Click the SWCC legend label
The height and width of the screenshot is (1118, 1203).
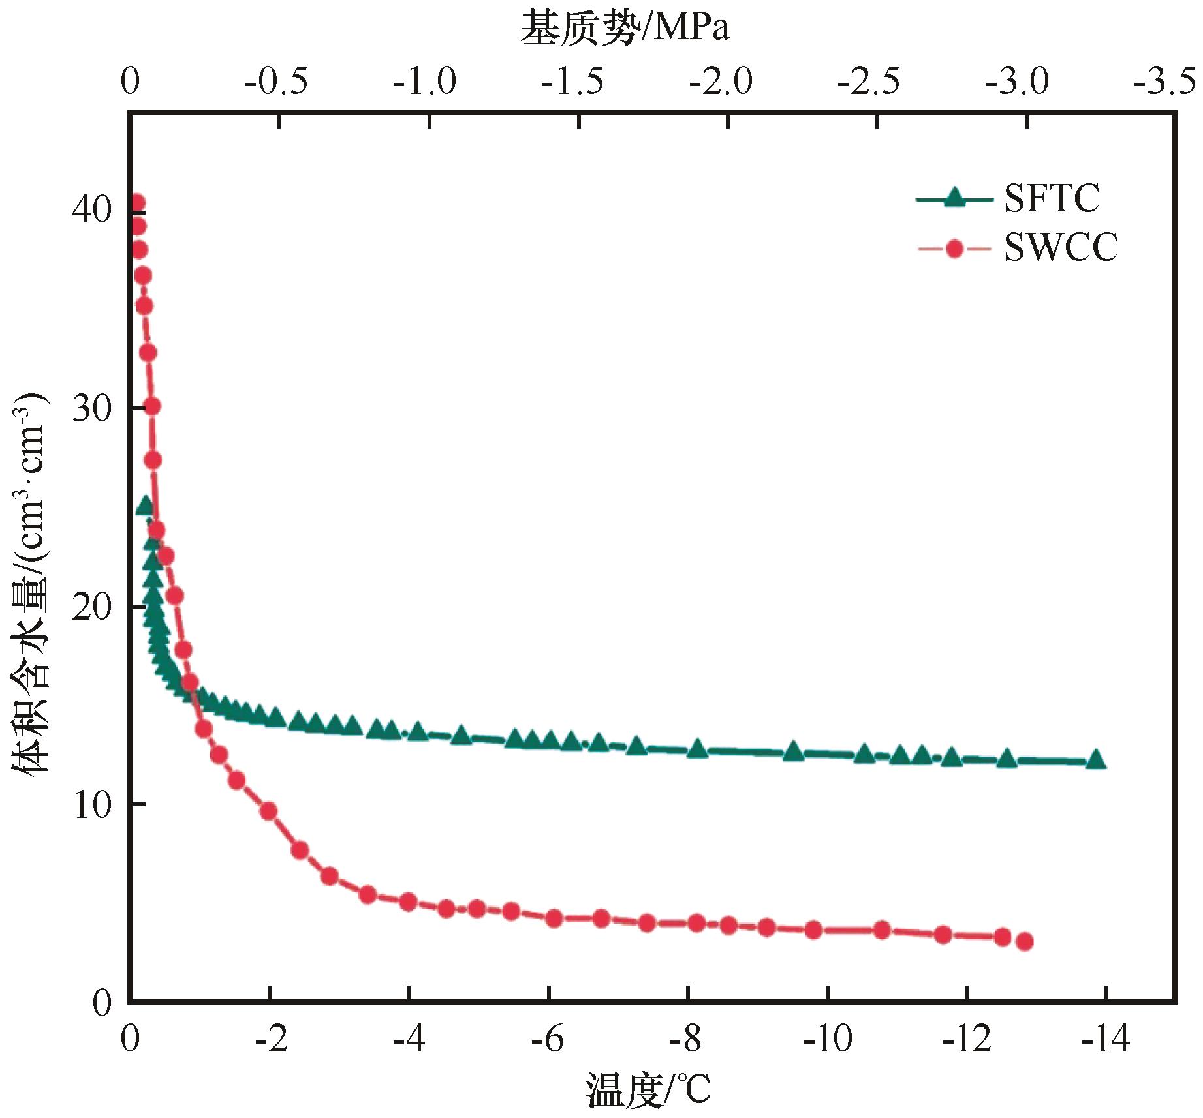[x=1060, y=248]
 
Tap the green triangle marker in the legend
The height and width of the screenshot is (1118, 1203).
[x=954, y=198]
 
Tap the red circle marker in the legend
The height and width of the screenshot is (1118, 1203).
[x=954, y=249]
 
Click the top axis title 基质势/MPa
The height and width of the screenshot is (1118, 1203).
[x=625, y=29]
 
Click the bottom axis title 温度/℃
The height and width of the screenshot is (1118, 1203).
[x=648, y=1089]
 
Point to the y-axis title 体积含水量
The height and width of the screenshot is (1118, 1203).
[x=30, y=587]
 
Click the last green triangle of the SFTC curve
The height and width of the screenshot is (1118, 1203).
[x=1096, y=759]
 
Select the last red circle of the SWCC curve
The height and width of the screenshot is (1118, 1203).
[x=1024, y=941]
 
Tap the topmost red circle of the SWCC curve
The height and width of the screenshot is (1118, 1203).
[x=136, y=203]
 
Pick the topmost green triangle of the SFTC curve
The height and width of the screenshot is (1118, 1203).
[x=144, y=506]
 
